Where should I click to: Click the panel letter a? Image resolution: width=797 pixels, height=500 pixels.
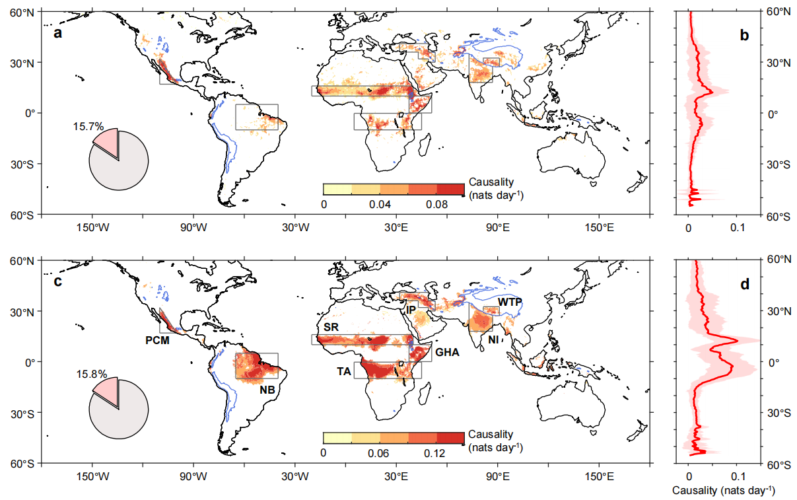tap(58, 34)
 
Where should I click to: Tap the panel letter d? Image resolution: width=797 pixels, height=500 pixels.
tap(745, 285)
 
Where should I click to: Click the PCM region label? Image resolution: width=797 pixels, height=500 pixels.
tap(157, 341)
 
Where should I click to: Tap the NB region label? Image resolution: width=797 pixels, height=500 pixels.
tap(267, 390)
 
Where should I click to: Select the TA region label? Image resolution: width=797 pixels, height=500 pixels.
tap(344, 371)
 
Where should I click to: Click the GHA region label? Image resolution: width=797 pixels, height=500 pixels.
tap(446, 353)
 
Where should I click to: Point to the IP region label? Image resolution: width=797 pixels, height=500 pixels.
tap(411, 309)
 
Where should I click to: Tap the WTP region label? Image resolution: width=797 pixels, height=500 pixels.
tap(510, 302)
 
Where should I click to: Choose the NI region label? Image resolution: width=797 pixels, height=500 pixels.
tap(493, 339)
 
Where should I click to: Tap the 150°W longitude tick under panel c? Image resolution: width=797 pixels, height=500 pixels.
tap(92, 476)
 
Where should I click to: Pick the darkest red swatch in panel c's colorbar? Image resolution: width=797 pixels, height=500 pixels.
tap(451, 437)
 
